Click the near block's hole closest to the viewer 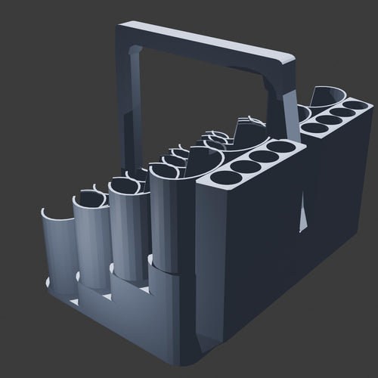(223, 178)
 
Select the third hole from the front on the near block (263, 156)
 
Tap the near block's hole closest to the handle (282, 147)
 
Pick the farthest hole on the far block (356, 104)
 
